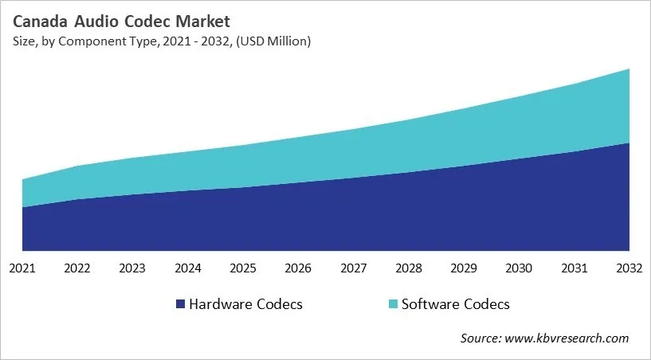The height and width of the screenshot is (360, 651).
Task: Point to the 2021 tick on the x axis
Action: pos(23,268)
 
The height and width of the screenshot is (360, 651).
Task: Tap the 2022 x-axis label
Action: pos(78,268)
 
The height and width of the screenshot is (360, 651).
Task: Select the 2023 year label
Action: pos(133,268)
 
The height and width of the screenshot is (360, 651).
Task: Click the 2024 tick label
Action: pos(188,268)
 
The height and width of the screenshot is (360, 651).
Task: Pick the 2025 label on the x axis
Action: pos(243,268)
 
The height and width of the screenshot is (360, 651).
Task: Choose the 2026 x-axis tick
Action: pos(299,268)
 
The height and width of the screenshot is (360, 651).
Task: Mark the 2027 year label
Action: pos(354,268)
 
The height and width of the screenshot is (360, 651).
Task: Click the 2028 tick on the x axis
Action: pos(409,268)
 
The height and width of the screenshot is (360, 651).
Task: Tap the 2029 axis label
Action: pos(464,268)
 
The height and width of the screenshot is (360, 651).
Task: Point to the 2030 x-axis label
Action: pos(520,268)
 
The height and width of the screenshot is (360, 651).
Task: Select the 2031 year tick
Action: pos(575,268)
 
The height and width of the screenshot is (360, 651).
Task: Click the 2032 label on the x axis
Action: pos(629,268)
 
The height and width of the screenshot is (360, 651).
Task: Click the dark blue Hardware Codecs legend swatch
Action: pos(181,304)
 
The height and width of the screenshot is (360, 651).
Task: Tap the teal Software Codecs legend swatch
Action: pos(392,304)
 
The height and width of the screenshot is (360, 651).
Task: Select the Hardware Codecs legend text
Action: pos(245,304)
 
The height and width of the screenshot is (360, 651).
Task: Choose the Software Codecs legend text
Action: pos(455,304)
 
